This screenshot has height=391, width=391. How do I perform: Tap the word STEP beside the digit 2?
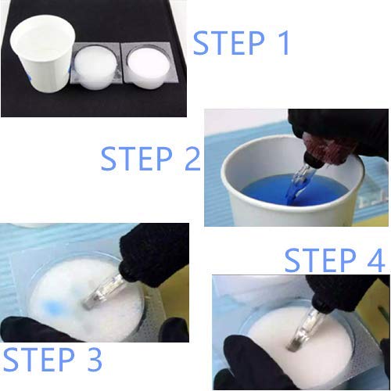pos(137,159)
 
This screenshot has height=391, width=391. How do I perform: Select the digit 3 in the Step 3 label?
pos(94,360)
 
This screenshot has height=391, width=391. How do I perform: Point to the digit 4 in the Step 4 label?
pos(375,260)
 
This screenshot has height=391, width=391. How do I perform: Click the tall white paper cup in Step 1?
pos(41,53)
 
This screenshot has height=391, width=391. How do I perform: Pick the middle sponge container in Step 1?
pos(95,66)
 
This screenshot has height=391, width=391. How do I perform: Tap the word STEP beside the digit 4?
pos(320,260)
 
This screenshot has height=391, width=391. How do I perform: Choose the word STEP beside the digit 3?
pos(38,360)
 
